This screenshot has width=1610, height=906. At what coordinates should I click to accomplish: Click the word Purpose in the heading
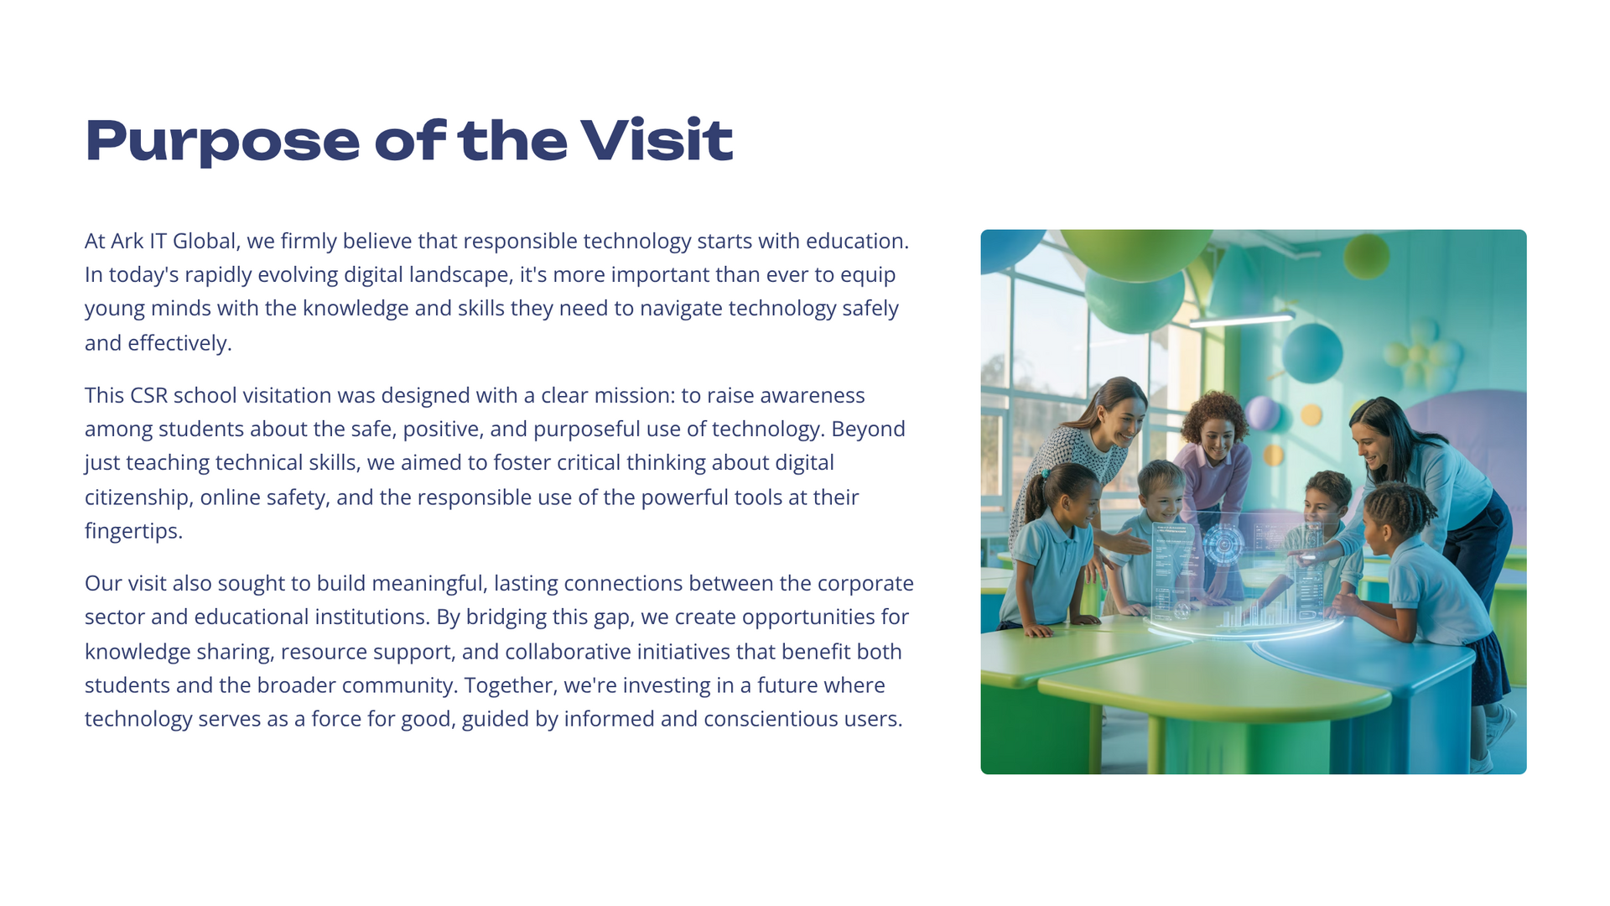[x=222, y=141]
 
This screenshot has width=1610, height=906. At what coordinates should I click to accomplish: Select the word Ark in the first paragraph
[x=127, y=241]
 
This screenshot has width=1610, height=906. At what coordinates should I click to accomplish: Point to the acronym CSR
[x=148, y=395]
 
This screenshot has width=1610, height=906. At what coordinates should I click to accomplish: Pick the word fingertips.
[x=133, y=531]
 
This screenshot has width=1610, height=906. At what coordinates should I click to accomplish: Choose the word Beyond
[x=868, y=429]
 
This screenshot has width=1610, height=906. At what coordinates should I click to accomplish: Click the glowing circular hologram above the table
[x=1223, y=544]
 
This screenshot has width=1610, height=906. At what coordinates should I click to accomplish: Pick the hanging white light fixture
[x=1241, y=320]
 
